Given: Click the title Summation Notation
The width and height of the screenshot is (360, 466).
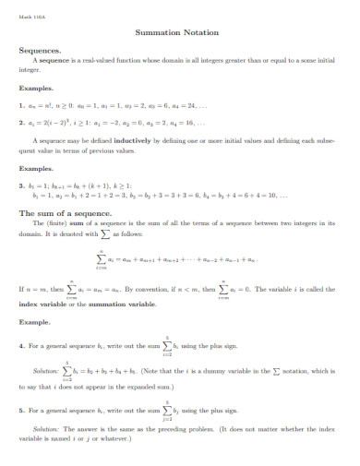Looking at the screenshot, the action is point(181,30).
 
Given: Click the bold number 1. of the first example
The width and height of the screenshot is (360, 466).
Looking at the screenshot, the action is point(21,105).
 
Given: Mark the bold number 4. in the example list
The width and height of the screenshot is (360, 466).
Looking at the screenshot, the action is point(21,345).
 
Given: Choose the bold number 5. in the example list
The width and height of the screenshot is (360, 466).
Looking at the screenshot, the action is point(21,409).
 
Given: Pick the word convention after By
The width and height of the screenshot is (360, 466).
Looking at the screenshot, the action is point(172,289).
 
